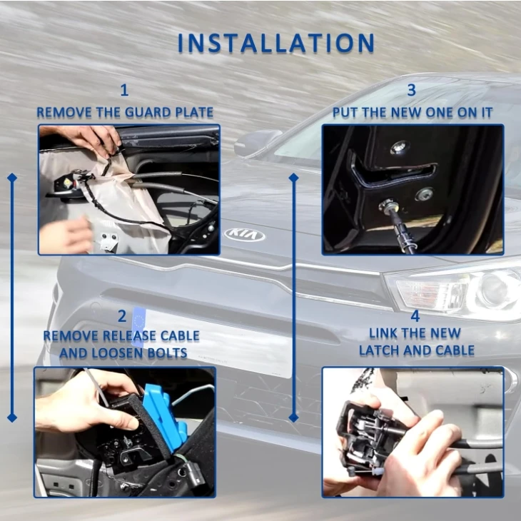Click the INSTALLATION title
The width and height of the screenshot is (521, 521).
276,44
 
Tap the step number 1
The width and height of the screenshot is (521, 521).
124,90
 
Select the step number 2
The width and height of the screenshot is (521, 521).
122,316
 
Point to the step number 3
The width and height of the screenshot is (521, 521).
411,90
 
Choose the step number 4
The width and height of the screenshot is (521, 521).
415,316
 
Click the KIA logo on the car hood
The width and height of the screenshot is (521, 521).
245,235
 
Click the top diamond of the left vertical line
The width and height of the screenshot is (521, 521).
12,178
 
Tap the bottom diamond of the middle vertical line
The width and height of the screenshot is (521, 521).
294,418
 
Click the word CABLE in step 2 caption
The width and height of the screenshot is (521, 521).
180,336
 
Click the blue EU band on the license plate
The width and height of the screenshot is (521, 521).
138,328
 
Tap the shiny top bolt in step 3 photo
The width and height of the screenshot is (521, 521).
399,147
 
